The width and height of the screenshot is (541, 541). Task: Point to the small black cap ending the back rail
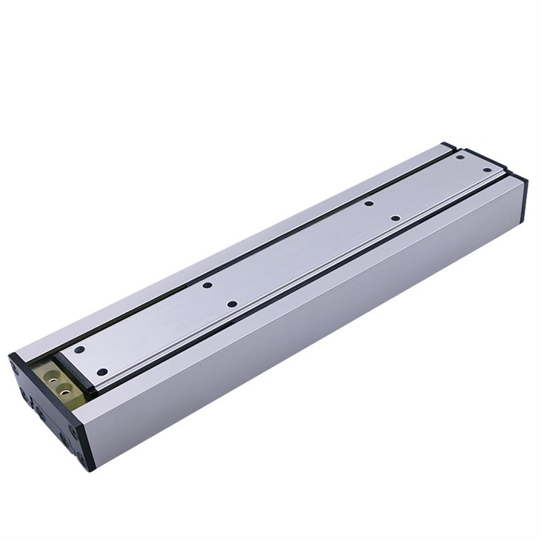coord(448,147)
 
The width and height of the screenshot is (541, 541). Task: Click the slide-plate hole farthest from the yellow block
coord(487,170)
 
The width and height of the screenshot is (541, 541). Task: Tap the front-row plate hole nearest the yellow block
coord(102,371)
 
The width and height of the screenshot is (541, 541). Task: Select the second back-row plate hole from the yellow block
coord(208,285)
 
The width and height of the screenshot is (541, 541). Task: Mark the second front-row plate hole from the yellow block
coord(232,304)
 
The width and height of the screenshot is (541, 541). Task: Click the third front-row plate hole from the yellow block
coord(395,218)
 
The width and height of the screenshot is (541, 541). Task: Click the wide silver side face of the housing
coord(311,326)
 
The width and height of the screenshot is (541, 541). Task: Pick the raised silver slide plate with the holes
coord(296,252)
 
